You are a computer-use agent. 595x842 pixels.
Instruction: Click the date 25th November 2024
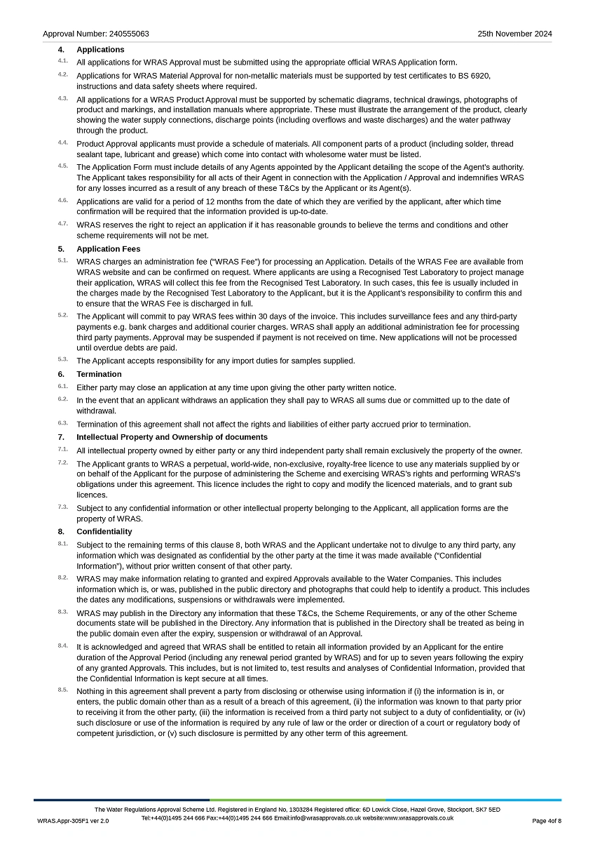point(514,34)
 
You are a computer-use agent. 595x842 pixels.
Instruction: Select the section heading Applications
point(100,50)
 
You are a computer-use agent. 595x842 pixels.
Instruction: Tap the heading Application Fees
point(108,249)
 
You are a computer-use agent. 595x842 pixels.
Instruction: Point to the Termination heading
point(99,374)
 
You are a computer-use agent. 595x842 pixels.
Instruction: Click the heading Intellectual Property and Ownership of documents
point(172,437)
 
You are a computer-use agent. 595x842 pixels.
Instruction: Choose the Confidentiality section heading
point(104,532)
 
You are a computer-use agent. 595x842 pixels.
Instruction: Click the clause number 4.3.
point(63,98)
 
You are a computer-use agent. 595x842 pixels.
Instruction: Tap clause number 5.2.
point(63,315)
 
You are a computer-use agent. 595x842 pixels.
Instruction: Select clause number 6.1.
point(63,386)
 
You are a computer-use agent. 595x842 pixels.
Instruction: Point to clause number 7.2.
point(63,462)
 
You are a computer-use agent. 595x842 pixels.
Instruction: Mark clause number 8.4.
point(63,646)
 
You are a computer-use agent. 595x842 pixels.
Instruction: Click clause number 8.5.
point(63,690)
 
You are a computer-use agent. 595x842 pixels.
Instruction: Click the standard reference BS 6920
point(472,76)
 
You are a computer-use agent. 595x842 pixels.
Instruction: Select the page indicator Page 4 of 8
point(547,821)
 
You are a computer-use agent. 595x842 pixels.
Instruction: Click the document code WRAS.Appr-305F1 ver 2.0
point(73,821)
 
